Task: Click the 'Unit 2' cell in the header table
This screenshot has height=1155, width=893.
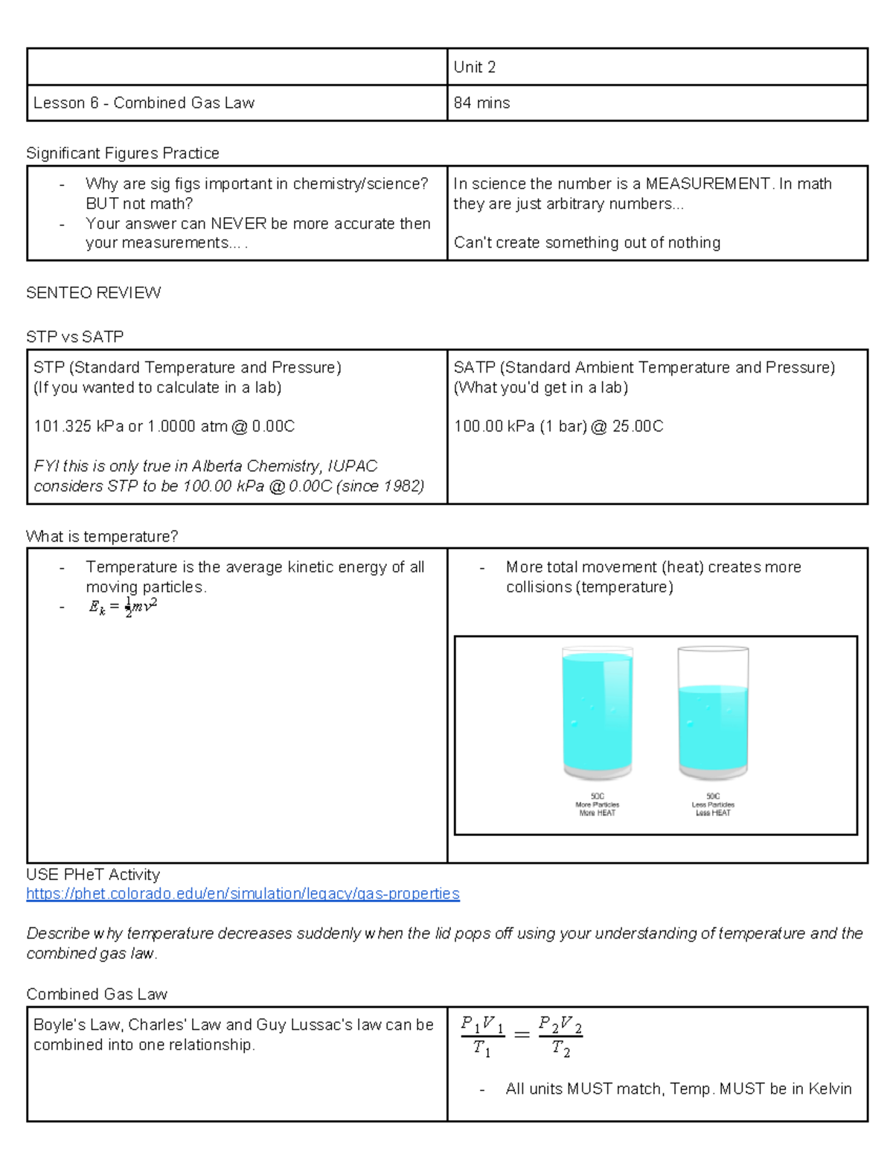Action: coord(475,67)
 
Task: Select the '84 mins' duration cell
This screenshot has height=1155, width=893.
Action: coord(482,103)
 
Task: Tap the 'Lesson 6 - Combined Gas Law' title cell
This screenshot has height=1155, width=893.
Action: coord(144,103)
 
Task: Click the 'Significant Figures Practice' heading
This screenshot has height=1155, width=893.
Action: coord(123,153)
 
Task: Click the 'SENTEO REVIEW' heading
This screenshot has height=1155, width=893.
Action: coord(94,292)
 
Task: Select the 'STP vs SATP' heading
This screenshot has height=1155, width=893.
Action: coord(74,337)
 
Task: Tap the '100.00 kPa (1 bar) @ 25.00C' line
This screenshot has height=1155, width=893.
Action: coord(558,426)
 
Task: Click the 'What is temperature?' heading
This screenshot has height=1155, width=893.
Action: coord(102,536)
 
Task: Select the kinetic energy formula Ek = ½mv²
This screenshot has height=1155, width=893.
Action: coord(123,607)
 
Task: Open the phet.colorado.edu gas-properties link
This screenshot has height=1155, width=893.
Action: coord(243,893)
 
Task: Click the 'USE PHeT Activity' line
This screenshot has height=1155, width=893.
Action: coord(93,875)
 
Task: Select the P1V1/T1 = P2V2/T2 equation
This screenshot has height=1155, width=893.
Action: coord(522,1036)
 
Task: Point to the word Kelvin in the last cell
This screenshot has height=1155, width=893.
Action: coord(830,1089)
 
